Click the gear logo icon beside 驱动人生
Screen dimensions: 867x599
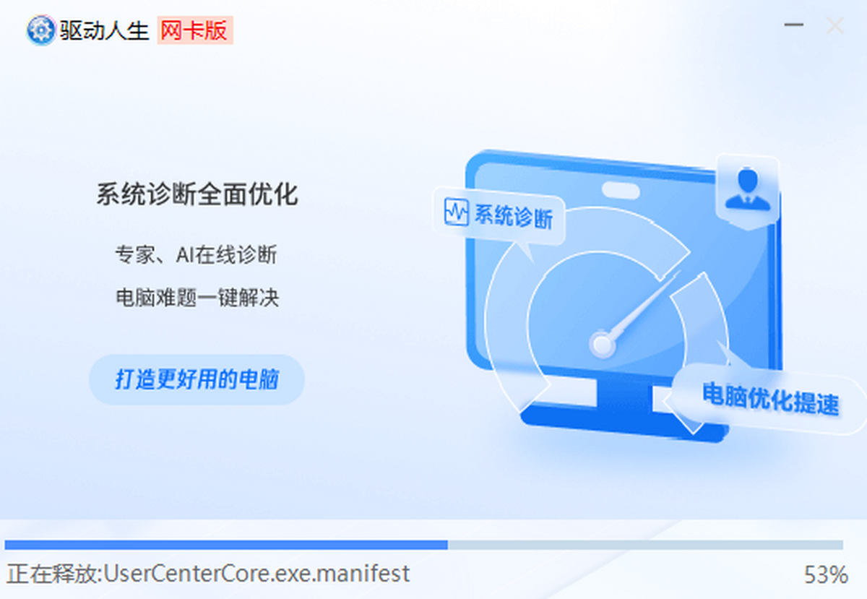pos(40,30)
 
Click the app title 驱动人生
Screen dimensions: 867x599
pos(105,30)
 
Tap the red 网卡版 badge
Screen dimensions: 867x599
pos(194,30)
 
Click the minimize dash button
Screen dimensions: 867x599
pos(794,25)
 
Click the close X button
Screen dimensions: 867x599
pos(835,25)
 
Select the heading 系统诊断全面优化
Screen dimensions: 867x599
pos(197,194)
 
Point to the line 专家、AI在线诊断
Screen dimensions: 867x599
pos(197,255)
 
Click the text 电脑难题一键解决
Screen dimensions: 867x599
pos(197,298)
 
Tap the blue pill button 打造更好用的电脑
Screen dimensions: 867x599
pos(197,379)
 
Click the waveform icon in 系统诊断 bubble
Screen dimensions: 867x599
pos(457,212)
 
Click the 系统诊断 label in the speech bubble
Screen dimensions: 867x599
pos(514,217)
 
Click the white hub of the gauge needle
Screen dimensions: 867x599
pos(602,344)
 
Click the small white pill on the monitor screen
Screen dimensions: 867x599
pos(621,191)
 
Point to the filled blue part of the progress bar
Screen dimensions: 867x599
pos(226,545)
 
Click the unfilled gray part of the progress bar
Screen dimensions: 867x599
pos(646,545)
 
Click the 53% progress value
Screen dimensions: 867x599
pos(826,574)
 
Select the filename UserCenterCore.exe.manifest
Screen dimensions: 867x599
pos(256,574)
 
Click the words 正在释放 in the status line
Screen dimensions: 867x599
pos(52,574)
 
